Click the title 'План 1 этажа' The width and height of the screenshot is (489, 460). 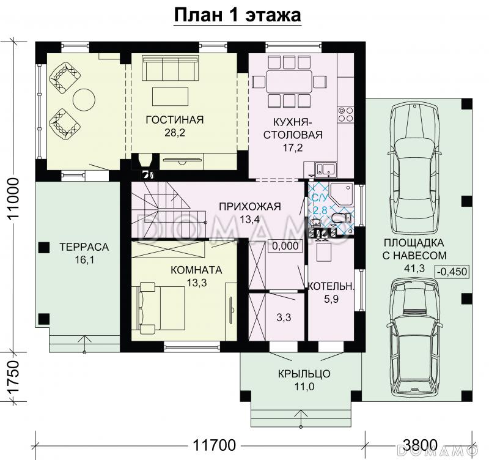[238, 15]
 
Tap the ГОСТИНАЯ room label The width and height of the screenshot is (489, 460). [174, 119]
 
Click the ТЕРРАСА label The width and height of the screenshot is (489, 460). [84, 247]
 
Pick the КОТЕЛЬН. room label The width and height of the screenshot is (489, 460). [331, 286]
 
